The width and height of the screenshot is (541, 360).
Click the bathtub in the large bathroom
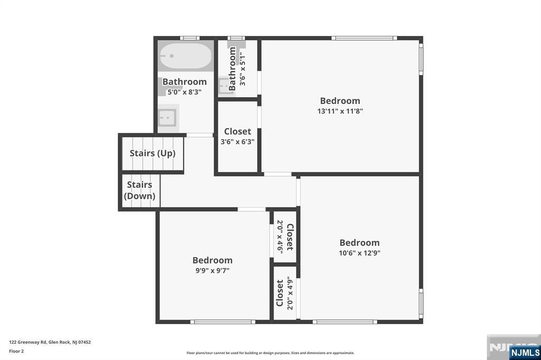pos(185,56)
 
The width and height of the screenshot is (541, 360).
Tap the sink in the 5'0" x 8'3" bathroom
pos(168,118)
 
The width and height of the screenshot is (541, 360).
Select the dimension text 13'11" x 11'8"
pos(340,111)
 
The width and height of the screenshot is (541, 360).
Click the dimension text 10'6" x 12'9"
pos(359,253)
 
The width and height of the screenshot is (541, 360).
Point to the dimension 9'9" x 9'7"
pos(212,270)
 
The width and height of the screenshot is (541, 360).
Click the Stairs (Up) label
pos(153,153)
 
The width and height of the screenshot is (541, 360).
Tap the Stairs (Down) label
pos(139,191)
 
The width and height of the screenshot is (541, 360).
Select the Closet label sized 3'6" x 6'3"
pos(237,131)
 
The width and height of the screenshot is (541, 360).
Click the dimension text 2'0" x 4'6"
pos(280,237)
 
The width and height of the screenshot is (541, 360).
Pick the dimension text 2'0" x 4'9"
pos(290,293)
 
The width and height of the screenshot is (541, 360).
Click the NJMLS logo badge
pos(525,353)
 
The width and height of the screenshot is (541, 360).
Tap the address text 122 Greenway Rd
pos(28,342)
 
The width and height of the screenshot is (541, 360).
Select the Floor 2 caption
pos(16,351)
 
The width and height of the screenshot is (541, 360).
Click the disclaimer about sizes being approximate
pos(270,353)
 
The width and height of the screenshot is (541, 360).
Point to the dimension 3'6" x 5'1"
pos(242,69)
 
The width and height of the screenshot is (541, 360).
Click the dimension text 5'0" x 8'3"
pos(184,92)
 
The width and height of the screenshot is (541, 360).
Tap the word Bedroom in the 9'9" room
pos(212,260)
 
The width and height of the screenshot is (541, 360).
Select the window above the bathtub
pos(190,39)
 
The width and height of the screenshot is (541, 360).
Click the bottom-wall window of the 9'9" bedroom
pos(222,322)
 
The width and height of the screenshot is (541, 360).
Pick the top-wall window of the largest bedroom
pos(364,39)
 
